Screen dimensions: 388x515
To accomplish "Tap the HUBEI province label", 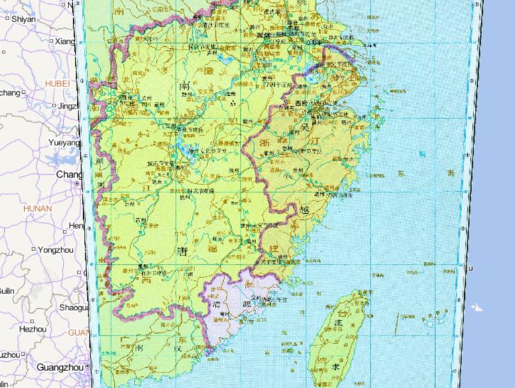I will coord(57,83).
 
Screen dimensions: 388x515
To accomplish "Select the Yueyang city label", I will coord(64,143).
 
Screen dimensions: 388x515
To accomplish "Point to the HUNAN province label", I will coord(37,208).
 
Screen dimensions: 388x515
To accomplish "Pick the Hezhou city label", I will coord(33,329).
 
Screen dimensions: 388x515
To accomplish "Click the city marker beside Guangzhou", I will coord(89,367).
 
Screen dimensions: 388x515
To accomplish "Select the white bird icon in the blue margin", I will coord(477,308).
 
